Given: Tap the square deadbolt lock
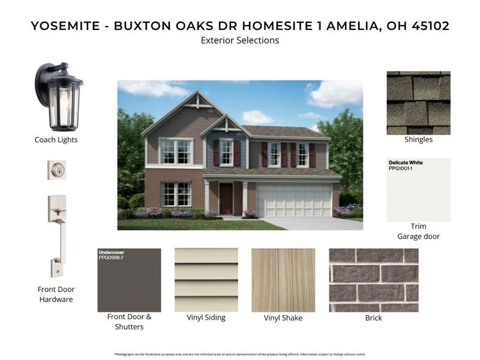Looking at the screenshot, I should [57, 170].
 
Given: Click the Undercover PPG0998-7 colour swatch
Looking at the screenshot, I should [129, 280].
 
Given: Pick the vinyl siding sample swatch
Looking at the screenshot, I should [206, 280].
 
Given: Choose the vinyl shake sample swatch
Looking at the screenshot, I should [283, 280].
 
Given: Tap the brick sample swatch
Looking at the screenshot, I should [373, 280].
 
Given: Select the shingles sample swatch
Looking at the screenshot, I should [418, 103].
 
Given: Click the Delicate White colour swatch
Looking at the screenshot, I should [418, 190].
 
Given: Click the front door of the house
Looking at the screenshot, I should [226, 199].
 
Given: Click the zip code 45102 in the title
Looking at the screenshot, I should [428, 26].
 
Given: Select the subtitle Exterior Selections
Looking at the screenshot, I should [240, 41].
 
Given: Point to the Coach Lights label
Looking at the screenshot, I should [56, 140].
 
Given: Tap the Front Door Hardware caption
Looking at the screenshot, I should [56, 294].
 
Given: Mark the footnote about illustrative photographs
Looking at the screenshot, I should [240, 354].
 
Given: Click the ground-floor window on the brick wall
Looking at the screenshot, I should [176, 194].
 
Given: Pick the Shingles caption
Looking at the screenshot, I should [418, 140].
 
